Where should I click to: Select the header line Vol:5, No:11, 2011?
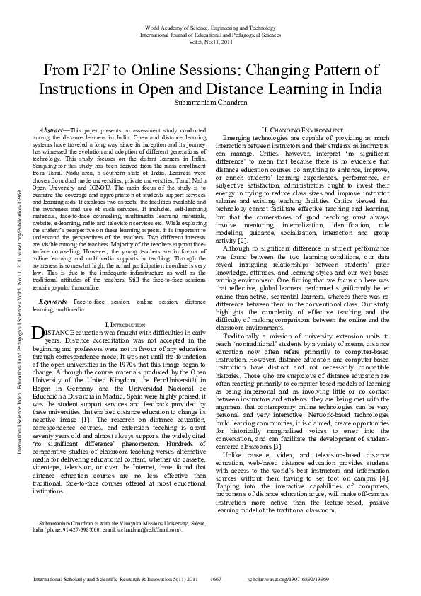[211, 42]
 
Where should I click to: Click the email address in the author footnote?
[151, 529]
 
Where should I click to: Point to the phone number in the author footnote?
[74, 529]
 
